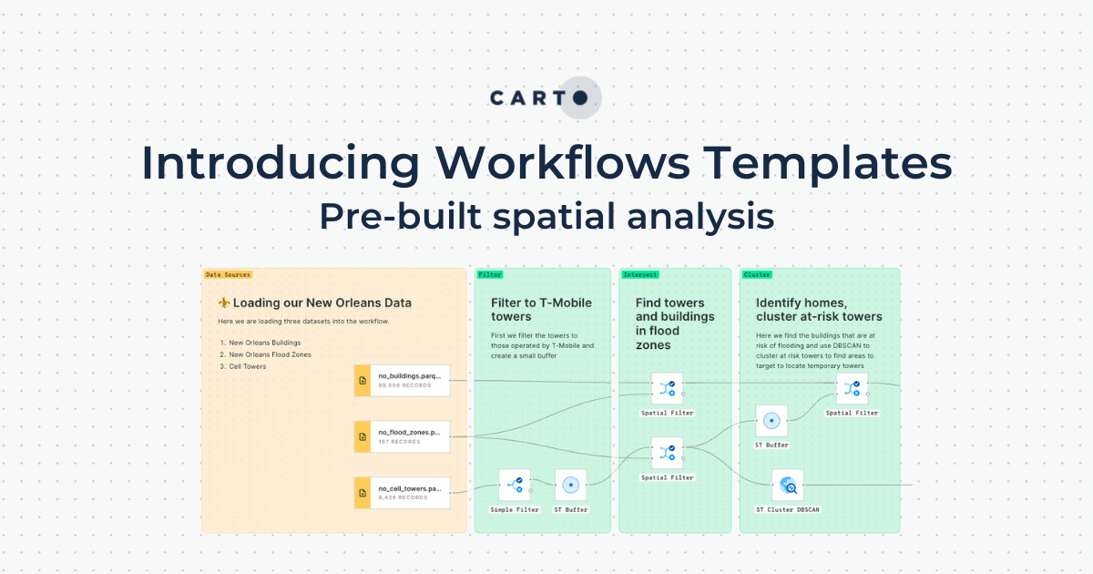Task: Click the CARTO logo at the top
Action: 546,97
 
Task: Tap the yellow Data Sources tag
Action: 228,274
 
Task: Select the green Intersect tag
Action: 640,274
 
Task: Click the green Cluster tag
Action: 757,274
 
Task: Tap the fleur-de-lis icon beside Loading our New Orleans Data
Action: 224,302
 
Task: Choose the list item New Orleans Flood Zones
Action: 270,354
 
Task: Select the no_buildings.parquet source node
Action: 402,380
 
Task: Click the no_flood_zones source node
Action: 402,436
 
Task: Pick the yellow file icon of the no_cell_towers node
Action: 362,493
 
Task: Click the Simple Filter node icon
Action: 515,485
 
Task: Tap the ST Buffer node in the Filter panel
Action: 570,485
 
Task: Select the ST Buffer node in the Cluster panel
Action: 771,421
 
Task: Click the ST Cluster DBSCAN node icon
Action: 788,485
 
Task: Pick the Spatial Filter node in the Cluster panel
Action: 852,389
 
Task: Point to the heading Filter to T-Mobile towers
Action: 541,310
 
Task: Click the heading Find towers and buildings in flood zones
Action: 674,323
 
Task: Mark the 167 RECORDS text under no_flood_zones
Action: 399,442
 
